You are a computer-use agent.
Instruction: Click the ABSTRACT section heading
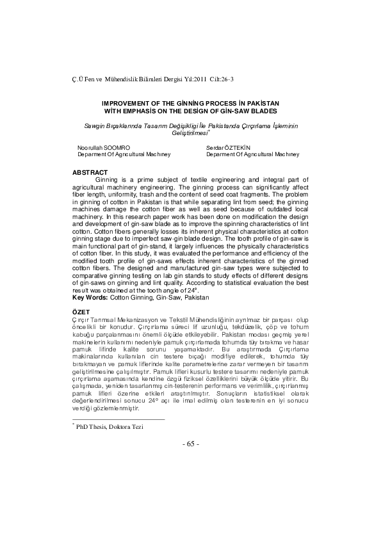[x=90, y=172]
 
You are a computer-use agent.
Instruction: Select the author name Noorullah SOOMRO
[x=104, y=148]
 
